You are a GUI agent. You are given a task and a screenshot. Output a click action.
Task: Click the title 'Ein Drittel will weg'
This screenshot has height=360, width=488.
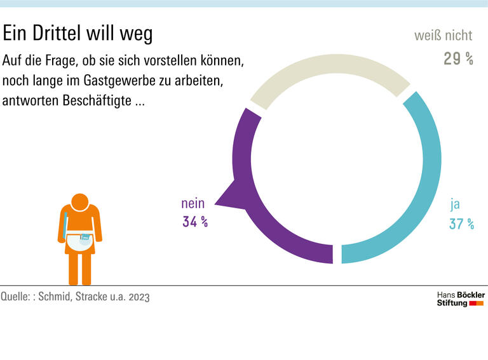tap(78, 34)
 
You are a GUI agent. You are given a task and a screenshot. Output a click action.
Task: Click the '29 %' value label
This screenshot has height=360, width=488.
tap(458, 59)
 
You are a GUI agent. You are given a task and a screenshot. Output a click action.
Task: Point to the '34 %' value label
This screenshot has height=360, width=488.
tap(195, 222)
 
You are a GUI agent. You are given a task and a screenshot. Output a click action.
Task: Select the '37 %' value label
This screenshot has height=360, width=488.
tap(461, 223)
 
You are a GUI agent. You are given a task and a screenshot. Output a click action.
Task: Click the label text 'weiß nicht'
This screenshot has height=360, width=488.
tap(443, 36)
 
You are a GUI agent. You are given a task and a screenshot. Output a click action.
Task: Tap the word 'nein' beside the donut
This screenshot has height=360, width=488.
tap(193, 204)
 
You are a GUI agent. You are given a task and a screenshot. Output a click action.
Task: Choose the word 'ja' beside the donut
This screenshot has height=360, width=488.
tap(455, 204)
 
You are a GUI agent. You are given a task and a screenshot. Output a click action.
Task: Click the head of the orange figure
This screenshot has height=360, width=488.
tap(80, 202)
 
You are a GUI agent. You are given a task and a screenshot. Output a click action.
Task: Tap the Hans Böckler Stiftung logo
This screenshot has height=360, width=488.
tap(461, 299)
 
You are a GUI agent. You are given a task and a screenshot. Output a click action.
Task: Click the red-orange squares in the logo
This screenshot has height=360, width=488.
tap(477, 303)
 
